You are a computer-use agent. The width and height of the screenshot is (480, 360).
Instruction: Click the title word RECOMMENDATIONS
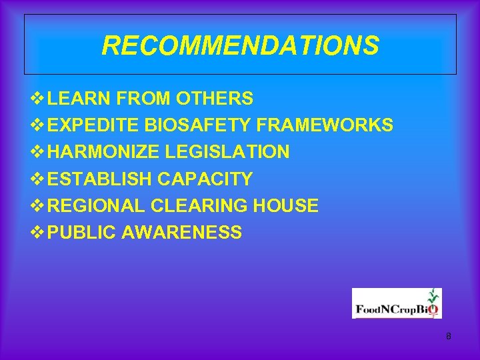[x=240, y=46]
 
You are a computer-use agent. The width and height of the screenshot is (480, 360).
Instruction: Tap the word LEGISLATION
[x=227, y=152]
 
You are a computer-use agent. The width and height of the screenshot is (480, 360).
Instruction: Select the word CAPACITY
[x=205, y=179]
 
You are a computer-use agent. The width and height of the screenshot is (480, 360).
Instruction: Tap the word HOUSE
[x=285, y=205]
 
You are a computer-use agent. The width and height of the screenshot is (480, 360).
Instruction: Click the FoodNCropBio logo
[x=397, y=303]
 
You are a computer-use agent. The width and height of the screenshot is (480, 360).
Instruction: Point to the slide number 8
[x=449, y=337]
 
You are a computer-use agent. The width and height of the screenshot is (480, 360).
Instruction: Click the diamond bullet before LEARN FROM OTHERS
[x=37, y=99]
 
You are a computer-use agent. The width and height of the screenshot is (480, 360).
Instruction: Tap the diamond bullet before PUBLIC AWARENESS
[x=37, y=232]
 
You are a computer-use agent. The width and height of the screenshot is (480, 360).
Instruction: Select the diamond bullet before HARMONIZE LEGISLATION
[x=37, y=152]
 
